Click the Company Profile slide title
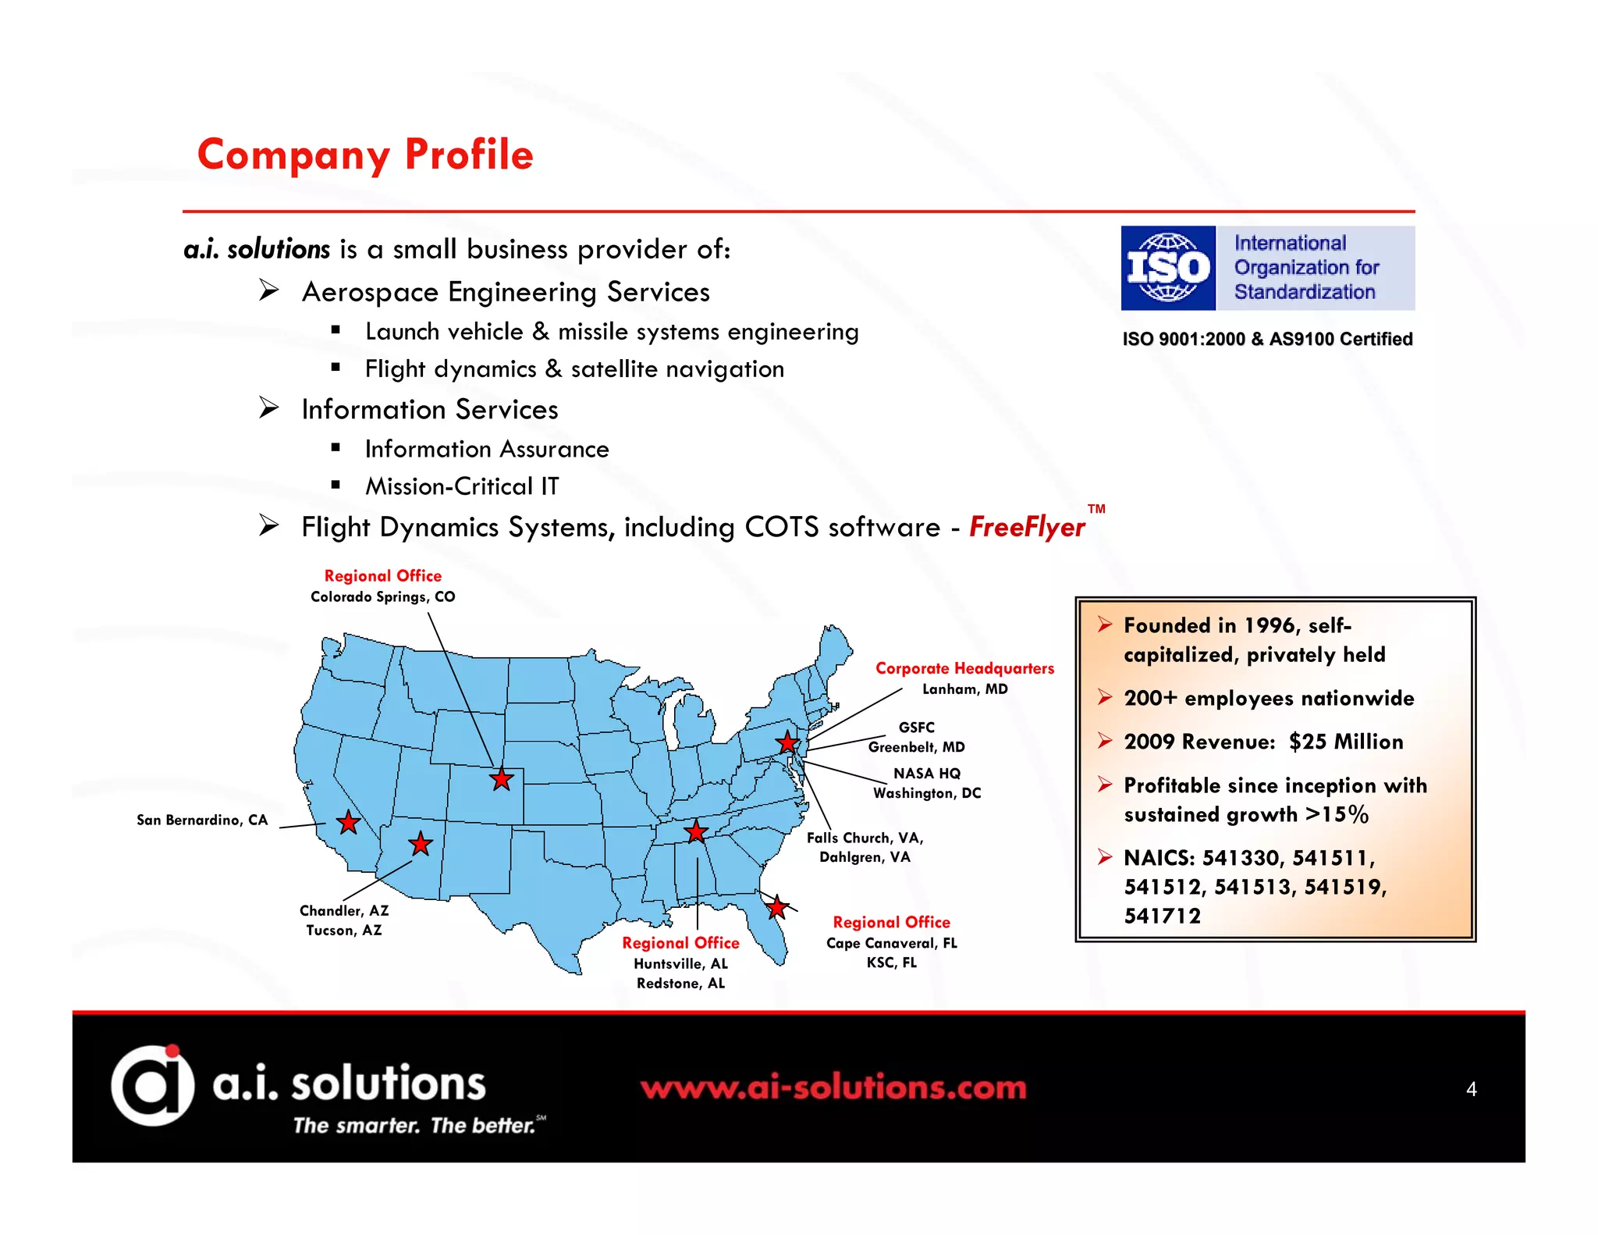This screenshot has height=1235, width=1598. (365, 155)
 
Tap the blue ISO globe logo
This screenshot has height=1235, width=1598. (1167, 268)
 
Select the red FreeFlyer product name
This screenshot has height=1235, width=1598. (1027, 528)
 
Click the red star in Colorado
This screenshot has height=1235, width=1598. (502, 778)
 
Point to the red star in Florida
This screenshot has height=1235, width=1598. (776, 907)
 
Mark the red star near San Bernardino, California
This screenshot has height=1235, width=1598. (348, 822)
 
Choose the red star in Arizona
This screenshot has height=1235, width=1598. (421, 843)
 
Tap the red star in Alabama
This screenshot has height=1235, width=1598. (695, 831)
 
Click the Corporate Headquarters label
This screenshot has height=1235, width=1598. (964, 668)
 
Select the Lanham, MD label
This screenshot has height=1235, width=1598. (964, 689)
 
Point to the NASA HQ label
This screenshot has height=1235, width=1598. (927, 774)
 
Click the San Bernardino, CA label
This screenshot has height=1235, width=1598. (202, 820)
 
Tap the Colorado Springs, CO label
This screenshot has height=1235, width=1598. (382, 597)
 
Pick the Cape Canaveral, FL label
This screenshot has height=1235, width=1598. (891, 943)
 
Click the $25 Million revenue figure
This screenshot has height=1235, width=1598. (1346, 742)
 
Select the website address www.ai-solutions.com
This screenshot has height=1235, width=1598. (833, 1087)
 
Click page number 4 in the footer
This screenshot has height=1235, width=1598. (1471, 1089)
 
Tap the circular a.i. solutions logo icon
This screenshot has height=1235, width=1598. (152, 1085)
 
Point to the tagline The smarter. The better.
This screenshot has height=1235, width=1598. (414, 1126)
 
